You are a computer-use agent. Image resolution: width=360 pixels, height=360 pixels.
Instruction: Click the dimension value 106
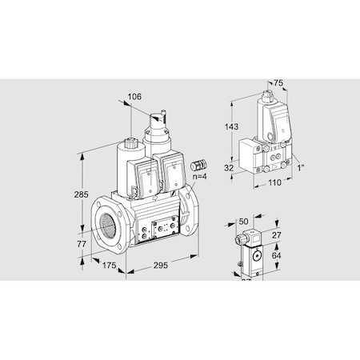tap(135, 97)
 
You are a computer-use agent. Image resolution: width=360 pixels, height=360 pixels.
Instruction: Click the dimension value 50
tap(244, 220)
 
